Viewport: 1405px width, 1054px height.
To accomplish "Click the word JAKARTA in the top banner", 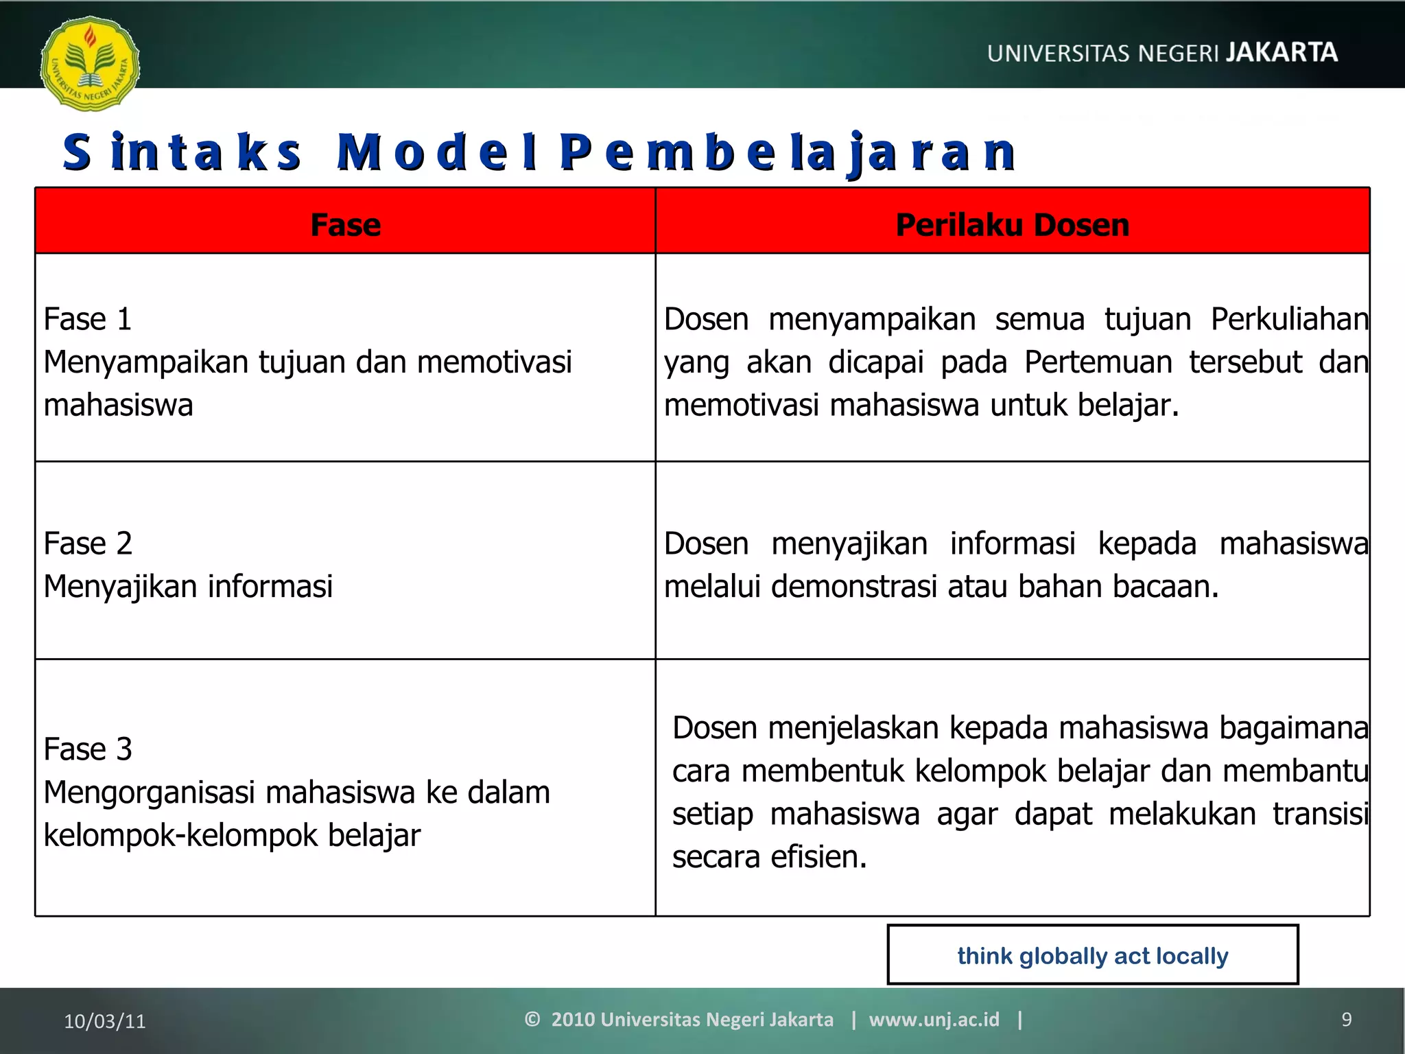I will [1282, 53].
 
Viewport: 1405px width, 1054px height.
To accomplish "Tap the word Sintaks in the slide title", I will [182, 152].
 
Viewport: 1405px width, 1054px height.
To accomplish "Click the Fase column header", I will [345, 225].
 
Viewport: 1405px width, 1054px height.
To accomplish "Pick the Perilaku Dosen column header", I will [1012, 225].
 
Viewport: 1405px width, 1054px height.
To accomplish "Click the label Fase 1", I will [87, 320].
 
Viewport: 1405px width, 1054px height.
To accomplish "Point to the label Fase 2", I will [87, 544].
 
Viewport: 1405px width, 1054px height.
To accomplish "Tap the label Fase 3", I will [87, 749].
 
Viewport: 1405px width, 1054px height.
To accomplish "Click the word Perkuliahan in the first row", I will [1289, 320].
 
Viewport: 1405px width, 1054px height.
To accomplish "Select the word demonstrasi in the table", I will [853, 587].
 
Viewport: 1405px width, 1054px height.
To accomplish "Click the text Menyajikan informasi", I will [188, 587].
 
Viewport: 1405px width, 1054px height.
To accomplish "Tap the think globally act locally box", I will [1092, 955].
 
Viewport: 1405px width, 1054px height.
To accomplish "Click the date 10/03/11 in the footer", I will [105, 1021].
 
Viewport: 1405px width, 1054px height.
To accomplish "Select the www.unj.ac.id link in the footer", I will [934, 1020].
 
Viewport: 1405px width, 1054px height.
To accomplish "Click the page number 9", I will [1346, 1020].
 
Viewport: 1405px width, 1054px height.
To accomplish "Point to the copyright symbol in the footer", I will [532, 1020].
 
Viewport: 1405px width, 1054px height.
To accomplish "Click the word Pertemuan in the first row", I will [1098, 363].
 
